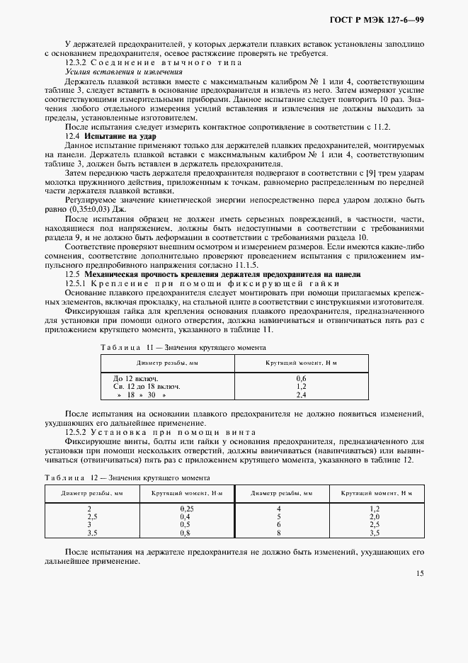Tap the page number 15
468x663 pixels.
[420, 574]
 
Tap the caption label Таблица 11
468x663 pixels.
[122, 348]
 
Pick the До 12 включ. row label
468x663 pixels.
[132, 378]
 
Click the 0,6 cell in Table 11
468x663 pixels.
[300, 378]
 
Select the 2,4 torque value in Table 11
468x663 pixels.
[300, 395]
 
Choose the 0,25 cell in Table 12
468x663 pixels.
[187, 509]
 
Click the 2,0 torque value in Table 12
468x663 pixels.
[375, 516]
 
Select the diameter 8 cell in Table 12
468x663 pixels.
[279, 533]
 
